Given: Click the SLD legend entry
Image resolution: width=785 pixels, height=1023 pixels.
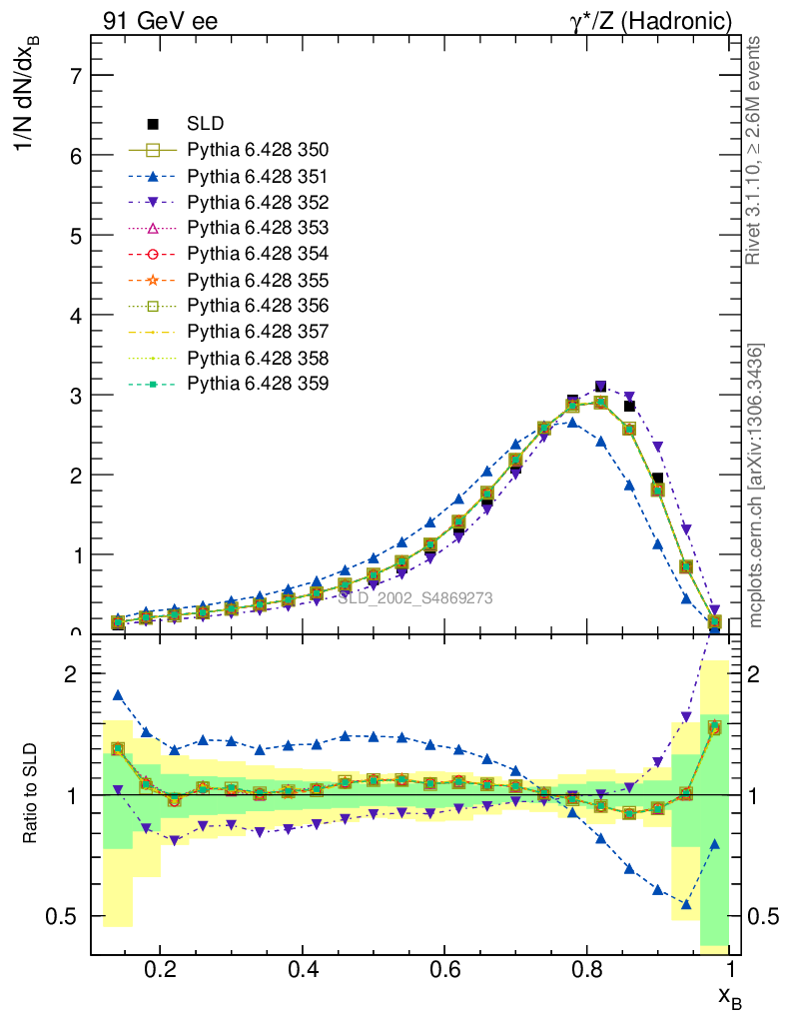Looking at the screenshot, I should (205, 124).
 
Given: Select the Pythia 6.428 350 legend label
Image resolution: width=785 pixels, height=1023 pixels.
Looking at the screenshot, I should (258, 150).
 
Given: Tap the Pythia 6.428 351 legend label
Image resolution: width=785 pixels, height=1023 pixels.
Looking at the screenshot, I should (258, 176).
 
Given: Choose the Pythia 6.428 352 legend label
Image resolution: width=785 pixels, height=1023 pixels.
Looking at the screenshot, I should (258, 202).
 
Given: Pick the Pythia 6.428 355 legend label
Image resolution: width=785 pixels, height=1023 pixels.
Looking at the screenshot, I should (258, 280).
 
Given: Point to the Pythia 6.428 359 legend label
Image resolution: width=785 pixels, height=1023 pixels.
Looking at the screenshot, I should (258, 384).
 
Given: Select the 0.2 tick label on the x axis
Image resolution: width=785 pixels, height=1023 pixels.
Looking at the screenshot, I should (160, 969).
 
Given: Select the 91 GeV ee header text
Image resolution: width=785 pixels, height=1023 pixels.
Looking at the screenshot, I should (160, 21).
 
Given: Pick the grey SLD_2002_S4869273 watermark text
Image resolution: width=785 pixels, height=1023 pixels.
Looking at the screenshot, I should (415, 598).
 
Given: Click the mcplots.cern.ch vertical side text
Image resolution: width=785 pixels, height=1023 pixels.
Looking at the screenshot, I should (757, 486).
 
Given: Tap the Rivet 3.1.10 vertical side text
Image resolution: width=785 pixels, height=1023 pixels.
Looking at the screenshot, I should (755, 150).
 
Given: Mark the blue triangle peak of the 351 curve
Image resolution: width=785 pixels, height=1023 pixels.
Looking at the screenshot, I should (572, 423).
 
